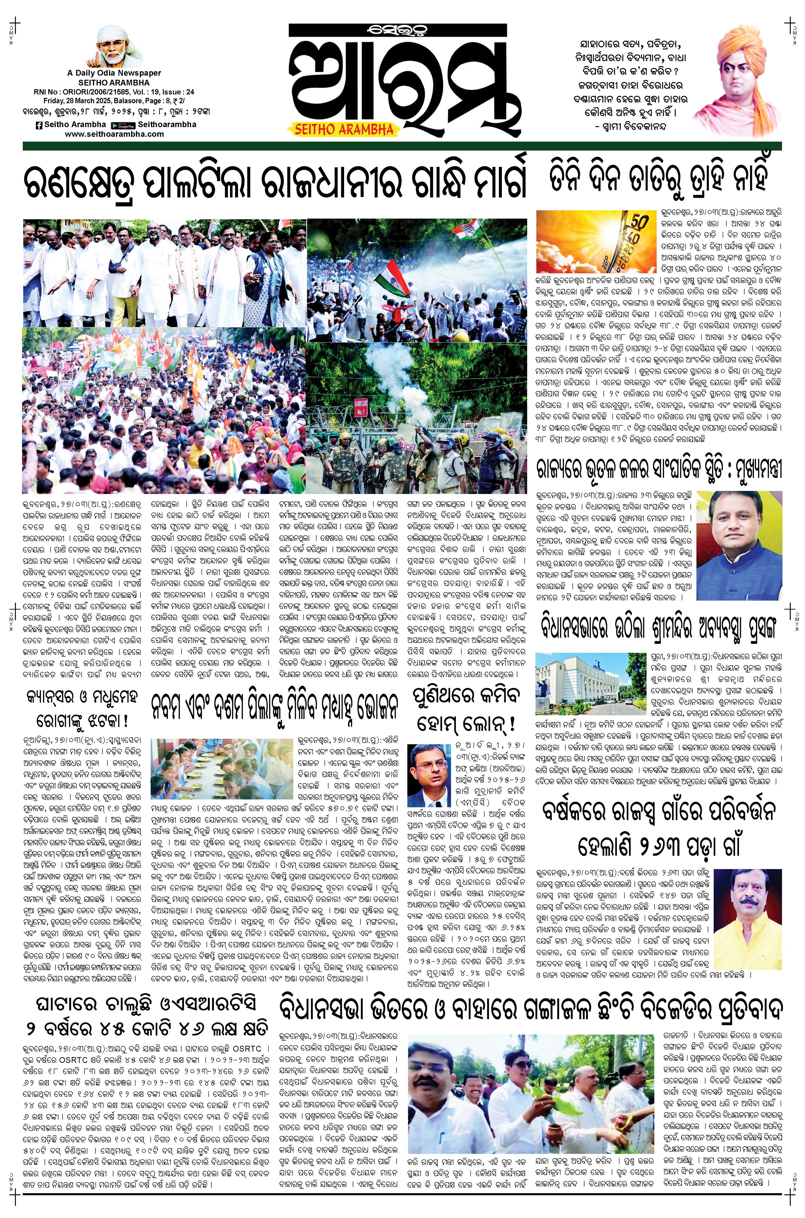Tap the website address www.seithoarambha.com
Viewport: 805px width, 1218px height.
(115, 134)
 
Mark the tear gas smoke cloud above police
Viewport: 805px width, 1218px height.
(395, 375)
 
